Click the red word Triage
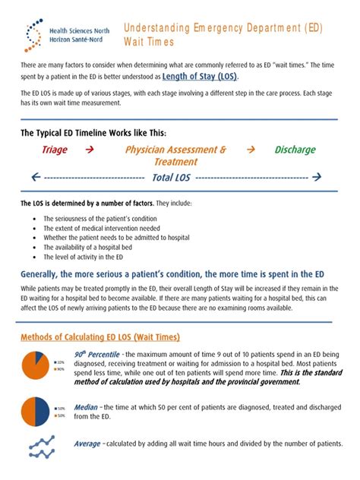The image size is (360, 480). coord(55,150)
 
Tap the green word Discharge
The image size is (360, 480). coord(295,150)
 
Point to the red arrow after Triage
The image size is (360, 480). coord(90,150)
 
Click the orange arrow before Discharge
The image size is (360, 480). coord(251,150)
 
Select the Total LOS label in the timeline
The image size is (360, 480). coord(172,178)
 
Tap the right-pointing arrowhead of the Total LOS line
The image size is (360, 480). coord(317,178)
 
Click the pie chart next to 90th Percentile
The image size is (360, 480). coord(36,365)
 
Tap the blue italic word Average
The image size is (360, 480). coord(88,444)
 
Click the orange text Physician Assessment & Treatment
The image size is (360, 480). coord(175,155)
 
